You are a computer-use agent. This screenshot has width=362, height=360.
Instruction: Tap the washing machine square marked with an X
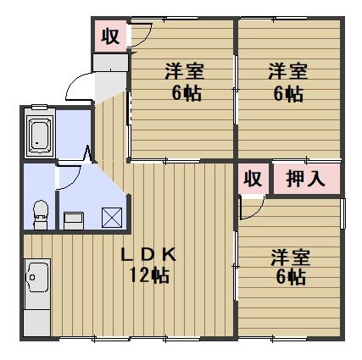[x=112, y=217]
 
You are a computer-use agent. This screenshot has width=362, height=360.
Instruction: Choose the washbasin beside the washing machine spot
[x=75, y=219]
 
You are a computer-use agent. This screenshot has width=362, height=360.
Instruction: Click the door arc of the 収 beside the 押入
[x=253, y=207]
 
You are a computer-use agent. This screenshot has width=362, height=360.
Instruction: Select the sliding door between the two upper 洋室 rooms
[x=236, y=93]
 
